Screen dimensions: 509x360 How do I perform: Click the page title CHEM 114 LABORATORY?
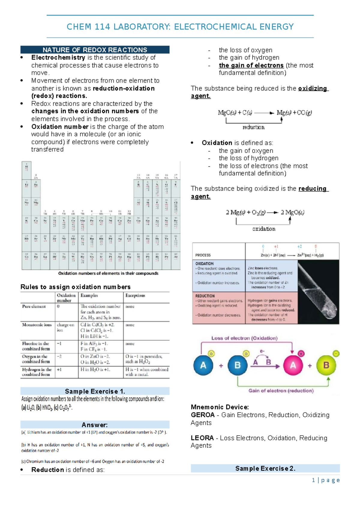pos(180,27)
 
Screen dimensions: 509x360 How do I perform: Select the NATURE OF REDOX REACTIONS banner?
pos(95,50)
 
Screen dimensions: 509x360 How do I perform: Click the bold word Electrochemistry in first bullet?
pos(58,58)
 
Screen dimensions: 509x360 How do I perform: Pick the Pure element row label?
pos(34,306)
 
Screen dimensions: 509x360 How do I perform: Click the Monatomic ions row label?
pos(37,325)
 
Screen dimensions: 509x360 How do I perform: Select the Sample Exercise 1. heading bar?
pos(95,391)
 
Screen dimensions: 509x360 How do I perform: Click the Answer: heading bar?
pos(95,425)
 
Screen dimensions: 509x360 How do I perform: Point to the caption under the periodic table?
pos(108,273)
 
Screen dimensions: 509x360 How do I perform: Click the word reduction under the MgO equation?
pos(253,127)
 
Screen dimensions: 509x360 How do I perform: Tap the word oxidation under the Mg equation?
pos(264,229)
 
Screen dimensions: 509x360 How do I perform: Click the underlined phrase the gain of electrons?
pos(251,65)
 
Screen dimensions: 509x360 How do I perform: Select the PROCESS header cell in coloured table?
pos(203,255)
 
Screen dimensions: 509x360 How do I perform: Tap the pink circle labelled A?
pos(293,365)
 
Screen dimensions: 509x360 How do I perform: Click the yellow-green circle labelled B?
pos(326,365)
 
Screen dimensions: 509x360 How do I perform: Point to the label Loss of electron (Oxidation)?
pos(244,338)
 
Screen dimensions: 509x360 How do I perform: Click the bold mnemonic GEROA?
pos(202,415)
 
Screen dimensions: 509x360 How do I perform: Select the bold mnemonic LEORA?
pos(202,438)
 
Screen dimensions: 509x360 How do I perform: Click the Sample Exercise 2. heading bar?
pos(265,468)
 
